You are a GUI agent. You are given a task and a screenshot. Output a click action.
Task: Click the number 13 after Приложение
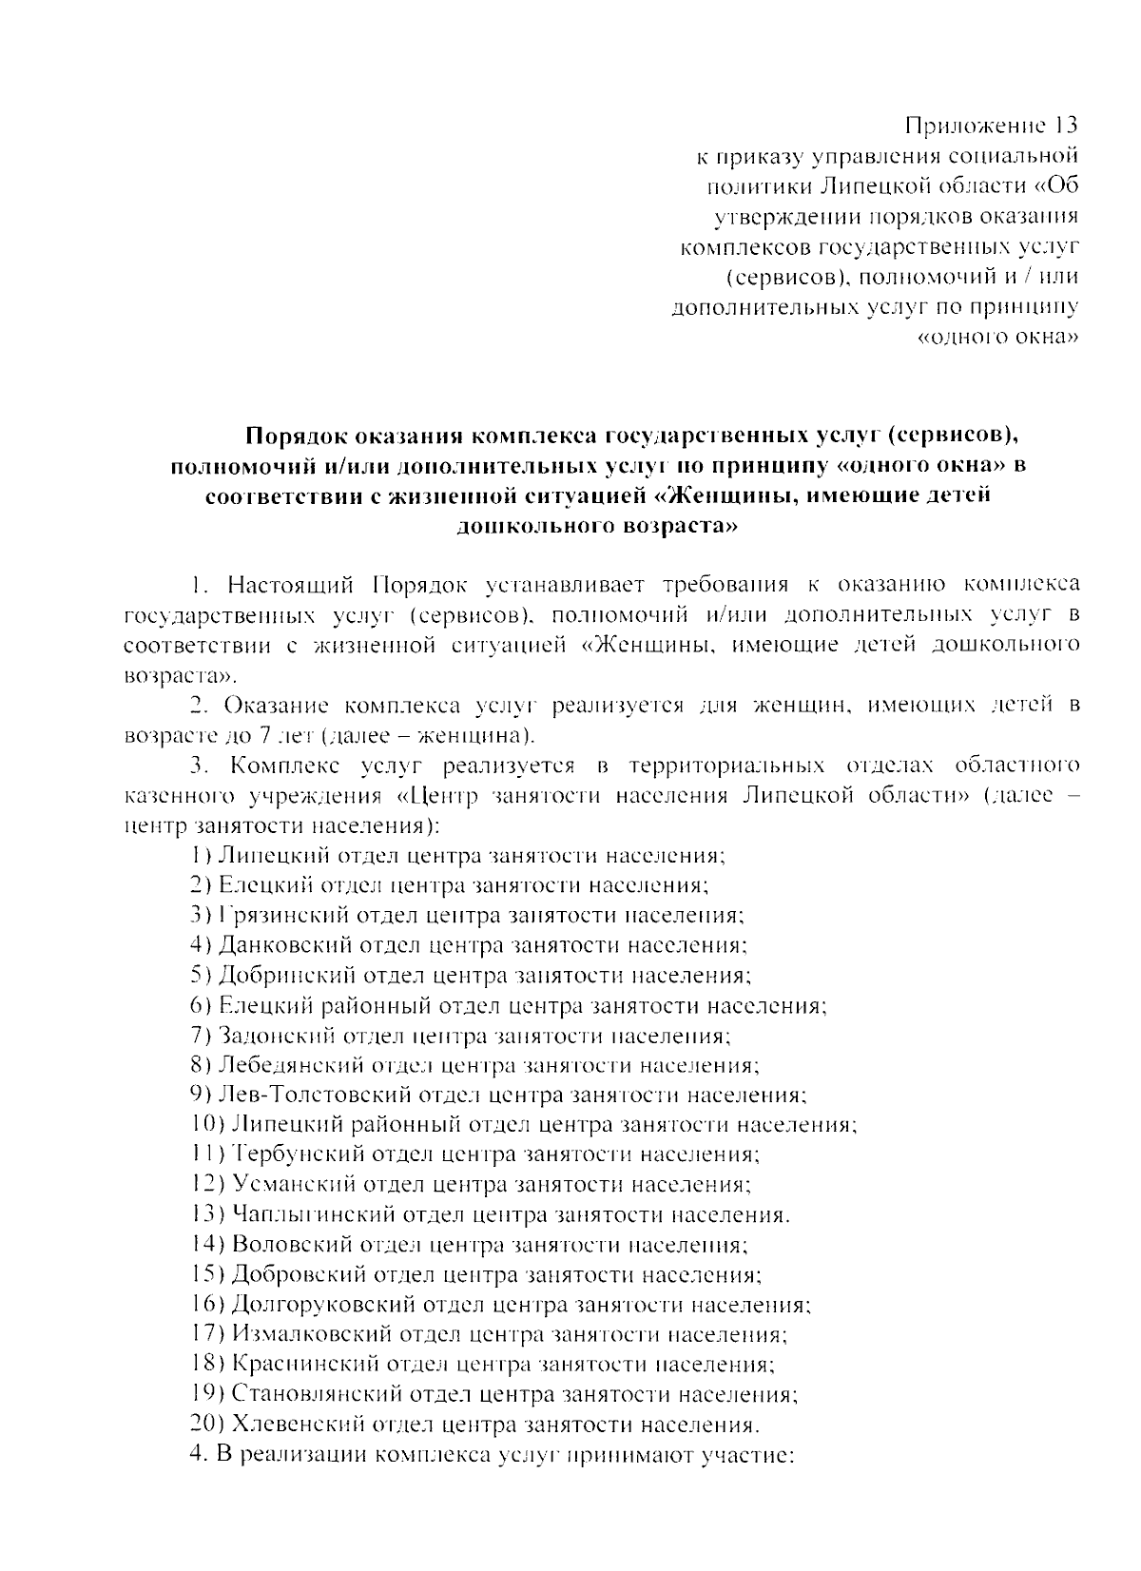tap(1063, 126)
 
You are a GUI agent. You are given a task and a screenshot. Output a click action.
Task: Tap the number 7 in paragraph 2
tap(262, 736)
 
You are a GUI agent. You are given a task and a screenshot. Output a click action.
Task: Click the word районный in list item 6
tap(373, 1005)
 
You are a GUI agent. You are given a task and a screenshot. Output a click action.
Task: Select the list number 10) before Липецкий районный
tap(208, 1125)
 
